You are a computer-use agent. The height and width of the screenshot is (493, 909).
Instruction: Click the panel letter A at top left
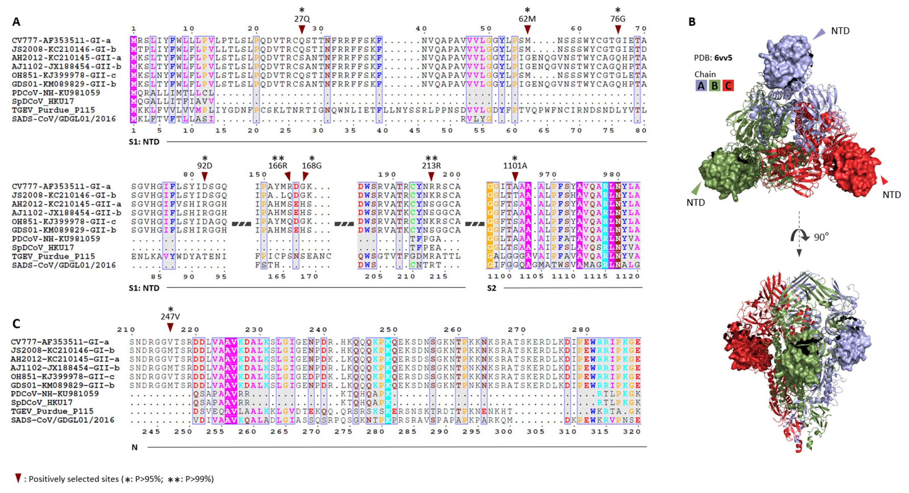(x=16, y=22)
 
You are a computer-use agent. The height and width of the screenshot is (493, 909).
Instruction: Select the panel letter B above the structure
(x=692, y=22)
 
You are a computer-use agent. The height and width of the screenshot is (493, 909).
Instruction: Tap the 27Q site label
(x=302, y=19)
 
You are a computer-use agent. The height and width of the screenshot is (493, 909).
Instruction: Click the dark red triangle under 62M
(x=527, y=29)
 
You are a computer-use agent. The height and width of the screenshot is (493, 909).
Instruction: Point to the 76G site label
(x=618, y=19)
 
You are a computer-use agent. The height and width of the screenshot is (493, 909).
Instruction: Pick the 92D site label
(x=205, y=166)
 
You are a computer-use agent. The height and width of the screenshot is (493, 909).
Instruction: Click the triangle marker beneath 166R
(x=288, y=175)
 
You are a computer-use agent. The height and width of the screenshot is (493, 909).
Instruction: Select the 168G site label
(x=312, y=166)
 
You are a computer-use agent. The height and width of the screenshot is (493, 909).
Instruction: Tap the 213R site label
(x=431, y=166)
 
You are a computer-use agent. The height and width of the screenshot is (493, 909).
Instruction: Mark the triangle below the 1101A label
(x=515, y=175)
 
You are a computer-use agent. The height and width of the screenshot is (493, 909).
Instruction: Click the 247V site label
(x=170, y=317)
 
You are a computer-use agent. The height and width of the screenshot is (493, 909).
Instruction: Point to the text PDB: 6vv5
(x=713, y=58)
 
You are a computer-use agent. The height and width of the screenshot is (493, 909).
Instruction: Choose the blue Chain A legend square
(x=701, y=86)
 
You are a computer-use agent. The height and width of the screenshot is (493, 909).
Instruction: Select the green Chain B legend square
(x=715, y=86)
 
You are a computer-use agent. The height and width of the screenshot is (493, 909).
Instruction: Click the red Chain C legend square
(x=728, y=86)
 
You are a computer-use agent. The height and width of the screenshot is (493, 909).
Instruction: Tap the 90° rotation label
(x=821, y=237)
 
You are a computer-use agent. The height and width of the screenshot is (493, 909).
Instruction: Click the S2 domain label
(x=491, y=288)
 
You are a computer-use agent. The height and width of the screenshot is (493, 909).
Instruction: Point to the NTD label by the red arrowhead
(x=891, y=195)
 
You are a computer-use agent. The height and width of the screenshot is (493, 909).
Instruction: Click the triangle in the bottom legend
(x=18, y=478)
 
